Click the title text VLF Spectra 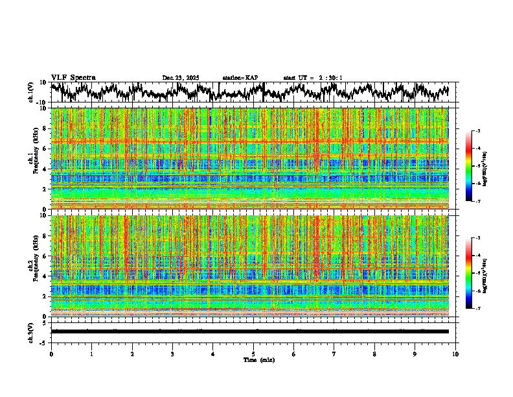(73, 78)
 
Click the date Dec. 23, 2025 (181, 78)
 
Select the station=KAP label (240, 78)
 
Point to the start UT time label (313, 78)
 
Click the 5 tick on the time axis (253, 354)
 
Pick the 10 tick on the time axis (455, 354)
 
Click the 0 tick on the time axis (51, 354)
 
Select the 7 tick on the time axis (334, 354)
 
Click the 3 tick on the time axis (172, 354)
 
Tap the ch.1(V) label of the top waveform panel (31, 92)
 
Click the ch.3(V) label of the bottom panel (31, 331)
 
